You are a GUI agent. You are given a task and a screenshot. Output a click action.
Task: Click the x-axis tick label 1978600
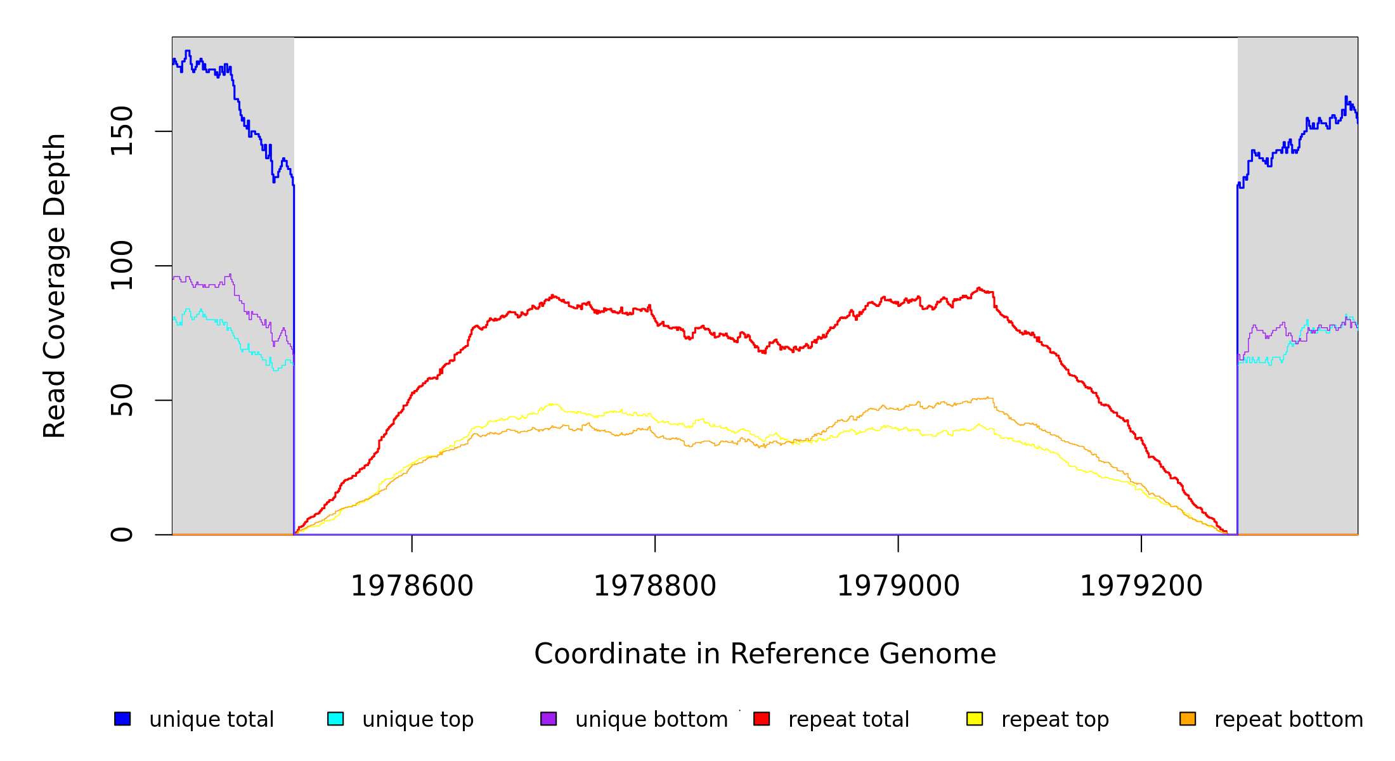tap(412, 587)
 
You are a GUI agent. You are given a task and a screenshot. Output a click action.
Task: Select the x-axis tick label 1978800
tap(654, 587)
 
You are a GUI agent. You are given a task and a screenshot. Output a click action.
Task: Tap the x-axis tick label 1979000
tap(898, 587)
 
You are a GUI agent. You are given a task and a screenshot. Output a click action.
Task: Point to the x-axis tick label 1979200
tap(1141, 587)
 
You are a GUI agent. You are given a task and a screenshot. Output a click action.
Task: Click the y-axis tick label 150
tap(122, 131)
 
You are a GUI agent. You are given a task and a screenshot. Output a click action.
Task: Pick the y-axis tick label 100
tap(122, 266)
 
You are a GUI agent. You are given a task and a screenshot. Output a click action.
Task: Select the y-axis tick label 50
tap(122, 400)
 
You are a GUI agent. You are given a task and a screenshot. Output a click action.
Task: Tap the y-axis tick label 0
tap(122, 535)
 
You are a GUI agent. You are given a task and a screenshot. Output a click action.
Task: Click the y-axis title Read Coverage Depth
tap(55, 285)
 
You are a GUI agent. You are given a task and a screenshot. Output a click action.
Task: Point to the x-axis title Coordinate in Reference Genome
tap(765, 654)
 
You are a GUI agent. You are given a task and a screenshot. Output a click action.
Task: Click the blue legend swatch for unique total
tap(122, 719)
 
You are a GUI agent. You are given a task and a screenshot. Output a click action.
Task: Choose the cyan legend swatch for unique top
tap(335, 719)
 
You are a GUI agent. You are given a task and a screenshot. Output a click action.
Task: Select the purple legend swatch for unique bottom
tap(548, 719)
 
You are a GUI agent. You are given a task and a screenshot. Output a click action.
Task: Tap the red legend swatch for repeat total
tap(762, 719)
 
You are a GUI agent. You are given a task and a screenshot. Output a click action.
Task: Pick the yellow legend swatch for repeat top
tap(975, 719)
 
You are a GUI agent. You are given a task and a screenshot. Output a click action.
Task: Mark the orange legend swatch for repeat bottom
tap(1188, 719)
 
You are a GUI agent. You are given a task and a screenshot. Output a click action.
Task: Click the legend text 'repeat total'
tap(848, 720)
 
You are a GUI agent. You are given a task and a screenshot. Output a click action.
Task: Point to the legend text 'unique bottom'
tap(651, 720)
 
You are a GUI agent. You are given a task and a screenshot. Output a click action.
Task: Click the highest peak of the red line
tap(979, 288)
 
